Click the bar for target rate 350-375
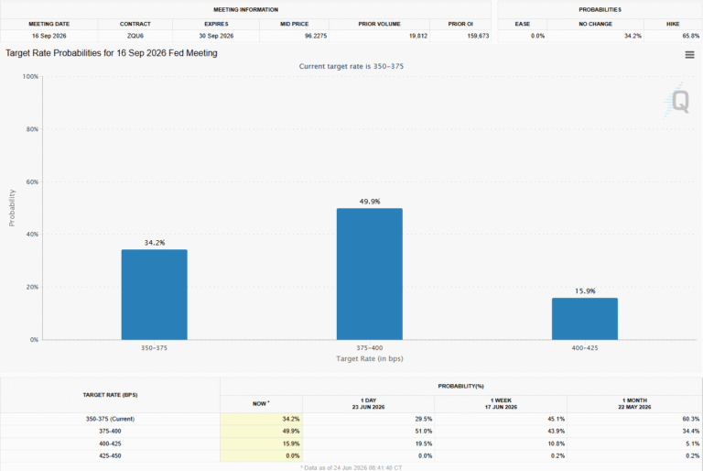click(154, 294)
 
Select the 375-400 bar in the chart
click(370, 274)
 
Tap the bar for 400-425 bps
click(585, 319)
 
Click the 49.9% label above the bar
click(370, 202)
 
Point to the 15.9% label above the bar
click(585, 291)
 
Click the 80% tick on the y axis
click(32, 129)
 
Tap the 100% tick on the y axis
click(30, 77)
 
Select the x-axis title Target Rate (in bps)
click(370, 359)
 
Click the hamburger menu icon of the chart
click(689, 55)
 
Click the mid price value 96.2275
click(316, 36)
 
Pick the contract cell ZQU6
click(135, 36)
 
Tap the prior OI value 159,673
click(478, 36)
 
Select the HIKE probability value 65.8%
click(691, 36)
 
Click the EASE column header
click(523, 24)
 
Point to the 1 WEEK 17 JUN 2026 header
click(501, 404)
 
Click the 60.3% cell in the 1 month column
click(691, 419)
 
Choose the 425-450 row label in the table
click(110, 455)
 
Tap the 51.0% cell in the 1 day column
click(424, 431)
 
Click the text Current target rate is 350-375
click(351, 67)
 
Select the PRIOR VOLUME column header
click(379, 24)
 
